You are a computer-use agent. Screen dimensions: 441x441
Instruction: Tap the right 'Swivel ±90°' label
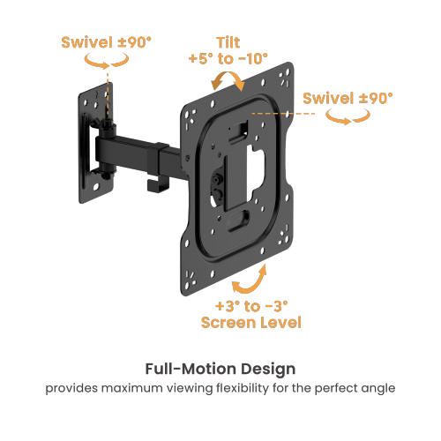tap(348, 98)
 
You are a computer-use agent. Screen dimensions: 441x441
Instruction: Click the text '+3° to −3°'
tap(251, 305)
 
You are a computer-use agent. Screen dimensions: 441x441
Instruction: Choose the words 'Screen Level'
tap(251, 323)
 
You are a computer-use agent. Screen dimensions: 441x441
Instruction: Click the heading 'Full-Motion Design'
tap(220, 368)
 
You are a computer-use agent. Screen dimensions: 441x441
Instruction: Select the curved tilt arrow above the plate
tap(230, 81)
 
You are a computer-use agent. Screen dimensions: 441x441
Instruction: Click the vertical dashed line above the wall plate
tap(108, 88)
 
